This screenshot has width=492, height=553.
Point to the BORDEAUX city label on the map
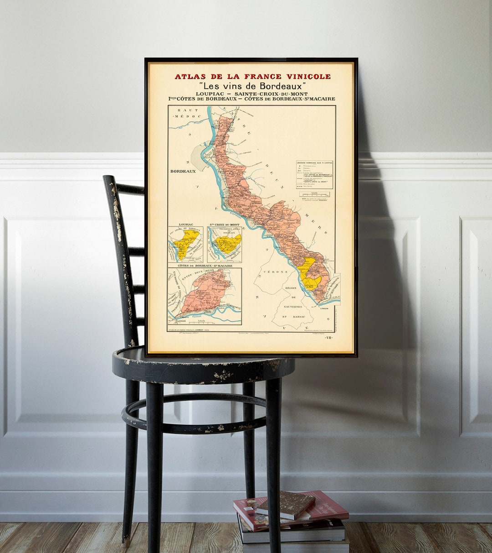(x=183, y=172)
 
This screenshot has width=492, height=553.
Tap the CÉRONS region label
(x=278, y=272)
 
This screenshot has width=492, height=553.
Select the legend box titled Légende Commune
(x=314, y=174)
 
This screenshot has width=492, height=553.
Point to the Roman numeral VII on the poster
(x=329, y=338)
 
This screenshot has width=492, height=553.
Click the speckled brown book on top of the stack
(x=285, y=504)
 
